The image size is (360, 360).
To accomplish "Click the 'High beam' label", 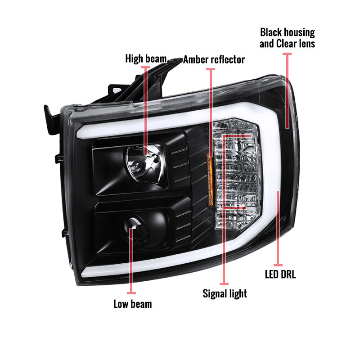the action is coord(146,59).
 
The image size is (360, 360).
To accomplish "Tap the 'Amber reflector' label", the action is coord(214,59).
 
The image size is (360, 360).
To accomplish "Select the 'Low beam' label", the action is coord(133,304).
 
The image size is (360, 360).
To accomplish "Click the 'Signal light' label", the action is coord(225,294).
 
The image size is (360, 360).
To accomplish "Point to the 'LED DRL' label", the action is coord(280,274).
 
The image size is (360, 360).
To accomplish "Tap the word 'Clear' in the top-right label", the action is coord(286,44).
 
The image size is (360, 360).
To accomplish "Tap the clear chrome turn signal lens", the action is coord(237,174).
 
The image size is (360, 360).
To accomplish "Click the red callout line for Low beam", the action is coord(131,261).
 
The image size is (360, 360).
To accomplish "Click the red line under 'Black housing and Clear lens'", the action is coord(287,91).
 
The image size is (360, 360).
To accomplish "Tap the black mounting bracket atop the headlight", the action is coord(147,83).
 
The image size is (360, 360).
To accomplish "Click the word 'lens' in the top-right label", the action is coord(307,44).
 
